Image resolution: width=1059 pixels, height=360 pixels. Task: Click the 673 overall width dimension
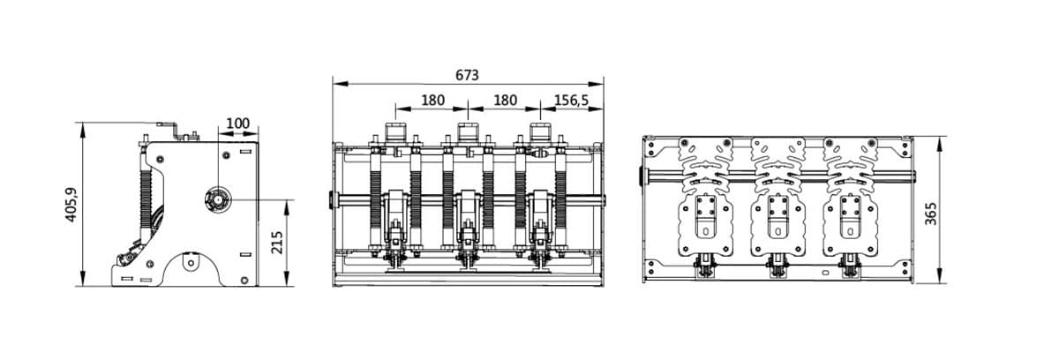click(467, 75)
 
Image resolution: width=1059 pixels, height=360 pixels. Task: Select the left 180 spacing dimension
click(432, 101)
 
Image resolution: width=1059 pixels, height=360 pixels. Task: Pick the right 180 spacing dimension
click(504, 101)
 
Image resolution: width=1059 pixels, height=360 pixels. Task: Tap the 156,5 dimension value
click(572, 101)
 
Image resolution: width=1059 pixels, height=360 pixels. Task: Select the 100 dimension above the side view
click(237, 124)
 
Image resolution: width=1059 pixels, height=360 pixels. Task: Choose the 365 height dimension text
click(931, 212)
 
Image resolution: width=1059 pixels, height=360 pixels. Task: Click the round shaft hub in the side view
click(216, 200)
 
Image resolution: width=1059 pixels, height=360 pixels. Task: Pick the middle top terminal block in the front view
click(467, 134)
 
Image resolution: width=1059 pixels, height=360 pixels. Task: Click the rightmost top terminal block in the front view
click(538, 134)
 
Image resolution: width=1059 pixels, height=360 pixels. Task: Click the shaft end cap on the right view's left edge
click(641, 176)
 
